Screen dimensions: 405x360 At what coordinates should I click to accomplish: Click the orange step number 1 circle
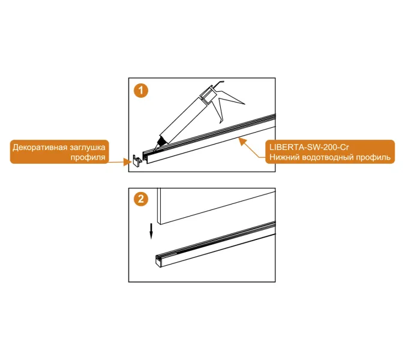[141, 91]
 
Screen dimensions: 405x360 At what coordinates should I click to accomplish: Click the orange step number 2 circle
[141, 199]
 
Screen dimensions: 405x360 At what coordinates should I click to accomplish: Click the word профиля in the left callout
[88, 157]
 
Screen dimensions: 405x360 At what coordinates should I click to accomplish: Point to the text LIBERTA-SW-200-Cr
[309, 147]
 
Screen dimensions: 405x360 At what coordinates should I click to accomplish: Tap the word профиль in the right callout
[373, 157]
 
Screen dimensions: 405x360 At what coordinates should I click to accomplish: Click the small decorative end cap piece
[137, 161]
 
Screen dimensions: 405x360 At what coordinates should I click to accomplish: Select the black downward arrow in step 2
[151, 231]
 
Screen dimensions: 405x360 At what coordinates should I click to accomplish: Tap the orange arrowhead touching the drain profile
[242, 141]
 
